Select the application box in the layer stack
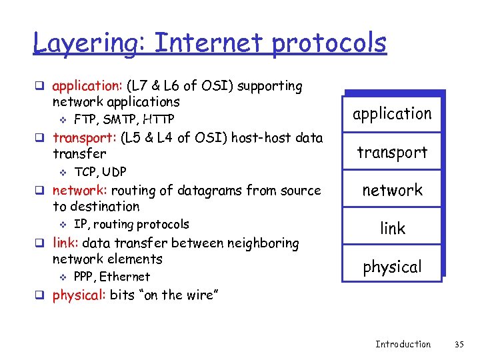[392, 114]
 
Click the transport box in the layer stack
[392, 153]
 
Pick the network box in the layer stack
[392, 191]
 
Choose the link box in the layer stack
[392, 229]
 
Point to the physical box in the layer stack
[392, 267]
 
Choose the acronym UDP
[113, 172]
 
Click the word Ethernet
[127, 277]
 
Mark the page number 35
[459, 344]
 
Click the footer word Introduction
[403, 344]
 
